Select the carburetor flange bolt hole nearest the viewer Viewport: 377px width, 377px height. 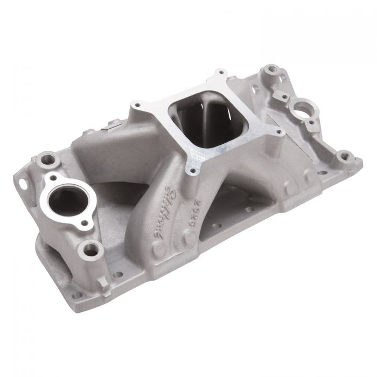187,172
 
